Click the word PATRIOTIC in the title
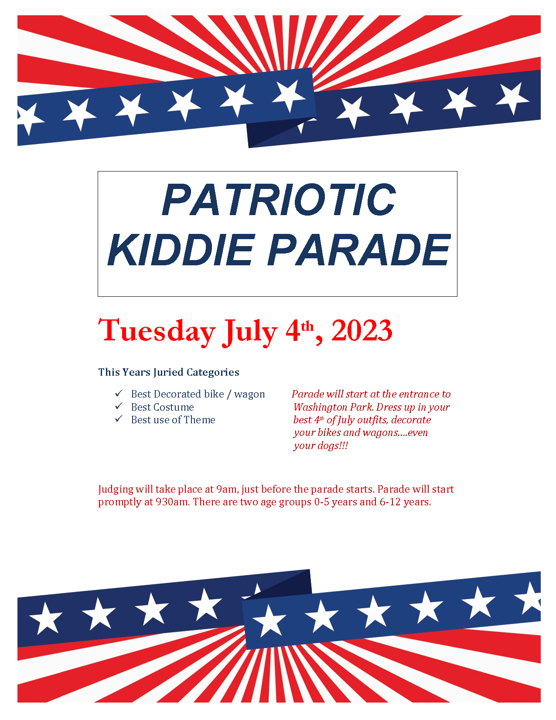[x=279, y=199]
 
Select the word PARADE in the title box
[x=359, y=250]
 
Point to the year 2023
[x=362, y=330]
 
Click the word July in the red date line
[x=250, y=333]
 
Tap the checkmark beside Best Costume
[x=119, y=406]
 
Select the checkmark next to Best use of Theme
[x=119, y=419]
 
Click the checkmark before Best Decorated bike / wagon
[x=119, y=393]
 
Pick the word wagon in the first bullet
[x=249, y=395]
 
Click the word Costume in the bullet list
[x=174, y=407]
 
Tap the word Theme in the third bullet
[x=199, y=420]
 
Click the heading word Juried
[x=168, y=372]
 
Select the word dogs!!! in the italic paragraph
[x=332, y=446]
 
